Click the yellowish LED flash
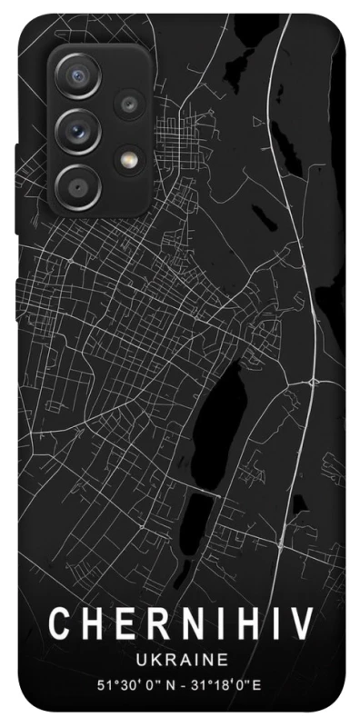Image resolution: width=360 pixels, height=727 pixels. (127, 159)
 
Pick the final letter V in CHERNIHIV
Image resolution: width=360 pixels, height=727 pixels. (305, 625)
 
